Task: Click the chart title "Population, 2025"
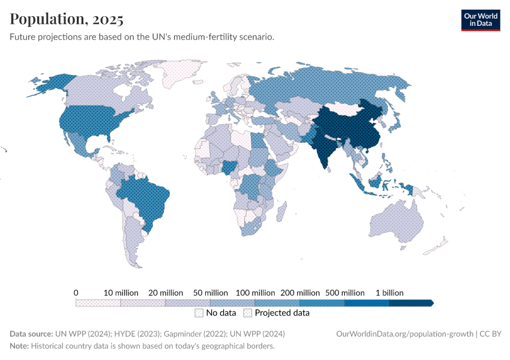point(67,19)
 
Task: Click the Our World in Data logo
point(480,20)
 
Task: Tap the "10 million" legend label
point(121,292)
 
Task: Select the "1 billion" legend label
point(389,292)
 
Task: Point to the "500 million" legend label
point(345,292)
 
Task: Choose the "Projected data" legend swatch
point(248,313)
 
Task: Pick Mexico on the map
point(82,145)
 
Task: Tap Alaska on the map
point(48,85)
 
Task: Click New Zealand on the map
point(437,246)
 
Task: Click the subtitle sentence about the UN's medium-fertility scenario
point(142,37)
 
